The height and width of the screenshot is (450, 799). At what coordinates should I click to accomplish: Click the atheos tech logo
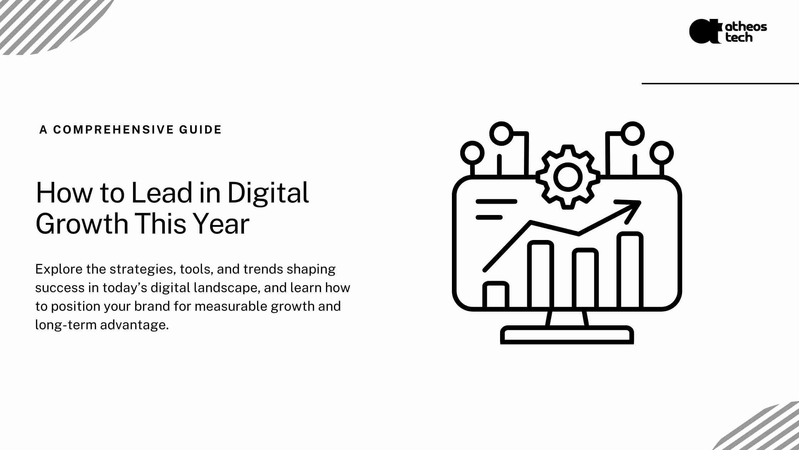click(728, 31)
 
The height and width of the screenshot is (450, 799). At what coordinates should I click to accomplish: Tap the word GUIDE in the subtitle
click(200, 130)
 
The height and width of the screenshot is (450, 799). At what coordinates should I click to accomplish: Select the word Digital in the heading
click(268, 193)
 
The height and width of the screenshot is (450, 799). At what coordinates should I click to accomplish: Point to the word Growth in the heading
click(82, 224)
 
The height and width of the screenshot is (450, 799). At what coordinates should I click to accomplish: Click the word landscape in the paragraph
click(226, 288)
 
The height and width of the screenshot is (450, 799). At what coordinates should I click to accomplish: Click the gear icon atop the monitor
click(568, 177)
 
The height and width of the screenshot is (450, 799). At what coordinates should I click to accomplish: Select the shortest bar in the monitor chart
click(496, 295)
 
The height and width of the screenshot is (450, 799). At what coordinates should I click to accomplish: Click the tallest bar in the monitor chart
click(630, 270)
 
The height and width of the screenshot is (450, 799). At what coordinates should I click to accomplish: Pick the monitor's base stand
click(567, 335)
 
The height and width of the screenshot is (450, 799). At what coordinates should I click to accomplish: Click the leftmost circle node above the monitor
click(473, 153)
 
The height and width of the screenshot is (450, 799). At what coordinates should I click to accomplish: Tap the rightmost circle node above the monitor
click(662, 153)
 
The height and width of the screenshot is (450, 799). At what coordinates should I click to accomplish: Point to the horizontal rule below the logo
click(720, 84)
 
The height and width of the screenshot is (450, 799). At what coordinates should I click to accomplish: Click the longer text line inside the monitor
click(497, 201)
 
